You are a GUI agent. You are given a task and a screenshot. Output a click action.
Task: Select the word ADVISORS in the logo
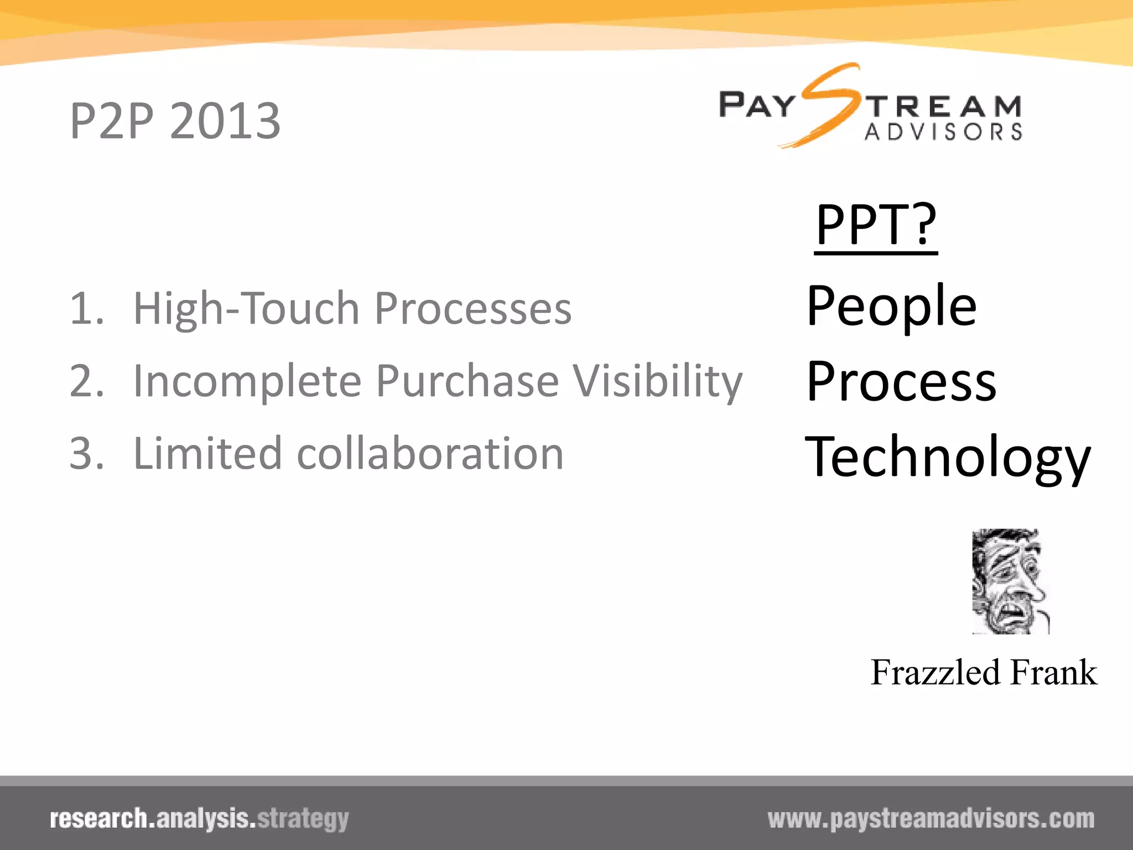point(943,132)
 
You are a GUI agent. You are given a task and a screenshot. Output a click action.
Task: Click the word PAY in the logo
point(756,105)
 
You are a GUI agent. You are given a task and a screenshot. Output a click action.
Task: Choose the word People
point(891,305)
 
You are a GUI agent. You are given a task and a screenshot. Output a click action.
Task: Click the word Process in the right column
point(901,382)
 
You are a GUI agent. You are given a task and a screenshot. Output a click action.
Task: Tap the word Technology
point(948,457)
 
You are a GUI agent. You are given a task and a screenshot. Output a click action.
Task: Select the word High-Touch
point(247,308)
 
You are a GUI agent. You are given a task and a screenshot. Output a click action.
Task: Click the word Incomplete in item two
point(247,381)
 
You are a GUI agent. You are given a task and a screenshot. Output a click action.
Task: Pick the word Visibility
point(657,381)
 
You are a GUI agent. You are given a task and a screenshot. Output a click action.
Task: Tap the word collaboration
point(430,454)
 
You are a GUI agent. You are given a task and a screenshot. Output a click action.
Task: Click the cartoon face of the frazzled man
point(1010,581)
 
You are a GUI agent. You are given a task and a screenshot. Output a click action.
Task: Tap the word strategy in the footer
point(303,819)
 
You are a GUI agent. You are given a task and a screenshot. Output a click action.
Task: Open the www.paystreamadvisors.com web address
point(931,819)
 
